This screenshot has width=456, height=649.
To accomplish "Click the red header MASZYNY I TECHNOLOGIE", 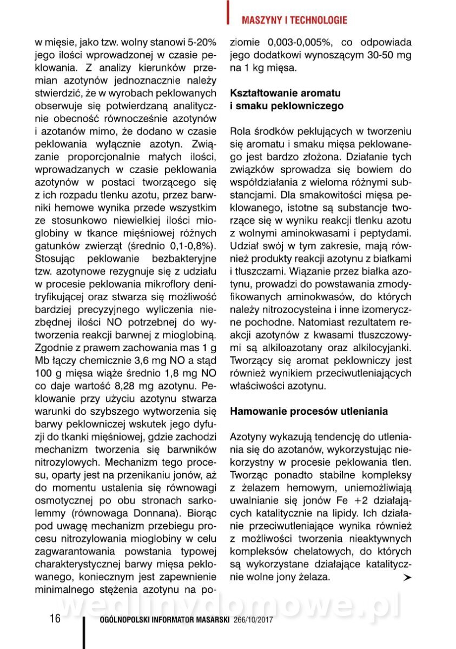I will [294, 21].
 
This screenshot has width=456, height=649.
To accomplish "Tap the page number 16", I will [55, 619].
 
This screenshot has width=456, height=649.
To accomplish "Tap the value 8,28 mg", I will [154, 386].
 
